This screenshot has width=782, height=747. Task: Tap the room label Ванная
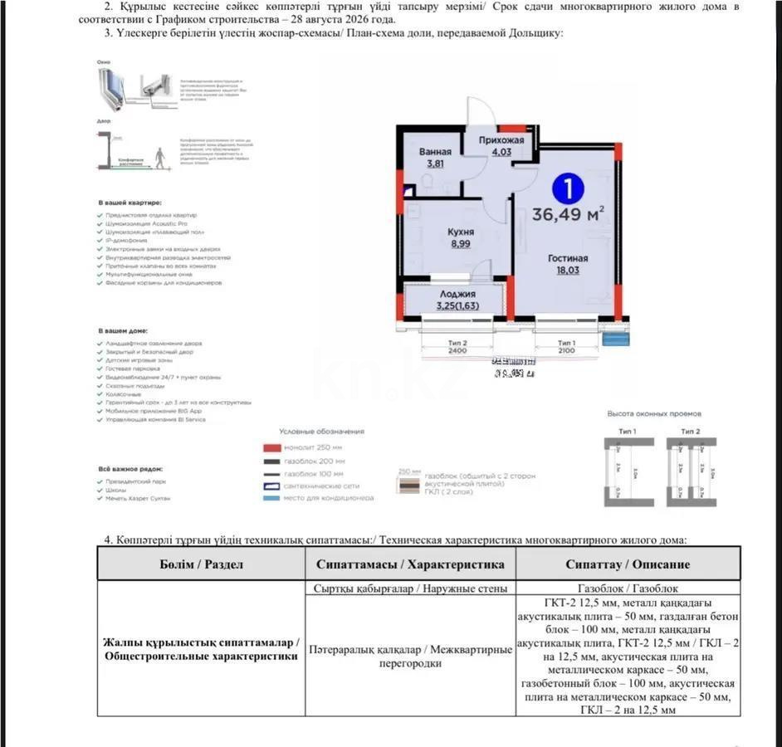pyautogui.click(x=436, y=152)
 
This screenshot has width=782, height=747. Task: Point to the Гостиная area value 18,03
pyautogui.click(x=568, y=270)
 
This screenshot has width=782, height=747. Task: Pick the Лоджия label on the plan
pyautogui.click(x=456, y=295)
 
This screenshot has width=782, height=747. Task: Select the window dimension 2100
pyautogui.click(x=566, y=351)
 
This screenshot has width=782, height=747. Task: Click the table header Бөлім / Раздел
pyautogui.click(x=202, y=564)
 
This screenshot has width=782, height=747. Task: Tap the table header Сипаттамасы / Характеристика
pyautogui.click(x=410, y=564)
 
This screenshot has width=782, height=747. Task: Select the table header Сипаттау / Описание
pyautogui.click(x=628, y=564)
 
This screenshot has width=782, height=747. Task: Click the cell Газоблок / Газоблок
pyautogui.click(x=628, y=588)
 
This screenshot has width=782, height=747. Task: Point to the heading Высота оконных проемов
pyautogui.click(x=654, y=413)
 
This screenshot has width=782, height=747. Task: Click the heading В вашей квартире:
pyautogui.click(x=130, y=203)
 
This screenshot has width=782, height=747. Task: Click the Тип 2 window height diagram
pyautogui.click(x=691, y=471)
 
